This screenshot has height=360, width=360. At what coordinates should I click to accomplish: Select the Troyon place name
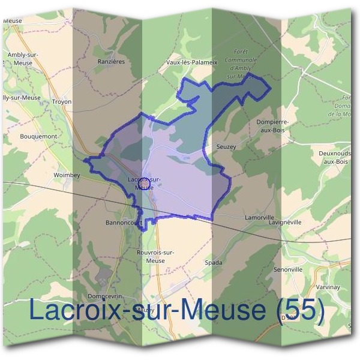pyautogui.click(x=62, y=101)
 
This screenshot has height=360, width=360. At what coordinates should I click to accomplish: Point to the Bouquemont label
pyautogui.click(x=38, y=136)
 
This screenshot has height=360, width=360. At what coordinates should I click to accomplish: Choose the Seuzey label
pyautogui.click(x=225, y=146)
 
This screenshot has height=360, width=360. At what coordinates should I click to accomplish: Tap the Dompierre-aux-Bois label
pyautogui.click(x=272, y=125)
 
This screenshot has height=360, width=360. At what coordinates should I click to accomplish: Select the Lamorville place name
pyautogui.click(x=259, y=217)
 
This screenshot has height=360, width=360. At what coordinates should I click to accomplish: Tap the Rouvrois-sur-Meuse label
pyautogui.click(x=155, y=256)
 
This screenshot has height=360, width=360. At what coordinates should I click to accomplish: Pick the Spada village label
pyautogui.click(x=214, y=263)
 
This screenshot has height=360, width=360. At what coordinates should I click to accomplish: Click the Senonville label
pyautogui.click(x=288, y=269)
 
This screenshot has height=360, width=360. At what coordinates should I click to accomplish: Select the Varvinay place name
pyautogui.click(x=328, y=287)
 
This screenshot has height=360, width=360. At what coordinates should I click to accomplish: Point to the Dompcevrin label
pyautogui.click(x=105, y=296)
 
